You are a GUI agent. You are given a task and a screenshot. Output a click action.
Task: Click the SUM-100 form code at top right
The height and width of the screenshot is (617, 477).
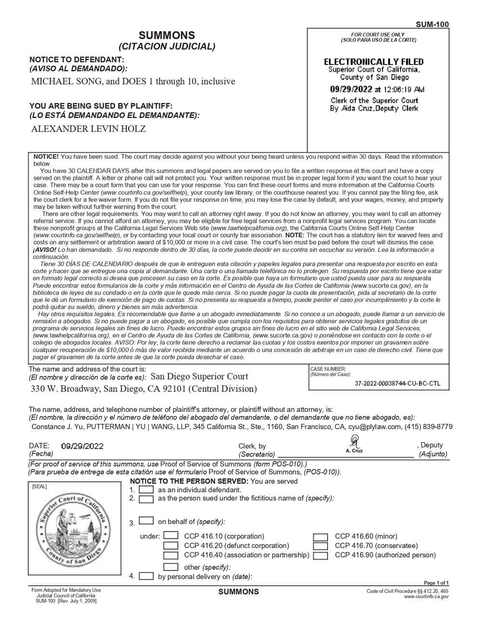click(432, 24)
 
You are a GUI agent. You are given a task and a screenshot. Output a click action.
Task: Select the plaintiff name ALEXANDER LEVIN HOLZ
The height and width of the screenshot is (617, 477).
click(88, 129)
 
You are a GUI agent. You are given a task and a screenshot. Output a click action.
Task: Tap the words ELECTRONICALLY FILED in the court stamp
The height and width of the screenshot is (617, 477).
click(373, 62)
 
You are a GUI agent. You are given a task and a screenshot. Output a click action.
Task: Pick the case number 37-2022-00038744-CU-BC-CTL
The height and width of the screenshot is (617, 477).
click(397, 384)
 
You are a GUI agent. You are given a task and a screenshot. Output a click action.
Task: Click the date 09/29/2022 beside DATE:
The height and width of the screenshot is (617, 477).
click(82, 446)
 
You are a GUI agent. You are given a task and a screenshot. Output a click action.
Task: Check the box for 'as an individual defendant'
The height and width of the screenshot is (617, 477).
click(146, 490)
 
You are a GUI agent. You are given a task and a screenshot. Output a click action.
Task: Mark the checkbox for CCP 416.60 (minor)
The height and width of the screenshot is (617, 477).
click(320, 537)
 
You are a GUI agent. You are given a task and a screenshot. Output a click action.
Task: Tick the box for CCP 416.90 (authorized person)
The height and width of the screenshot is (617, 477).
click(320, 555)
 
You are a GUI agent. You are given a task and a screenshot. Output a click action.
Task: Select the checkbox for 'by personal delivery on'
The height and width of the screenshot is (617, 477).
click(146, 576)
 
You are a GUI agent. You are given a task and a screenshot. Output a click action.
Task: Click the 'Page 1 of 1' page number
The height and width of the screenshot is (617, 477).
click(436, 583)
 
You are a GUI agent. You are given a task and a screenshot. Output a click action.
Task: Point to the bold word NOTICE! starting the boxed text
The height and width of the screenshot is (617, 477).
click(46, 157)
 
